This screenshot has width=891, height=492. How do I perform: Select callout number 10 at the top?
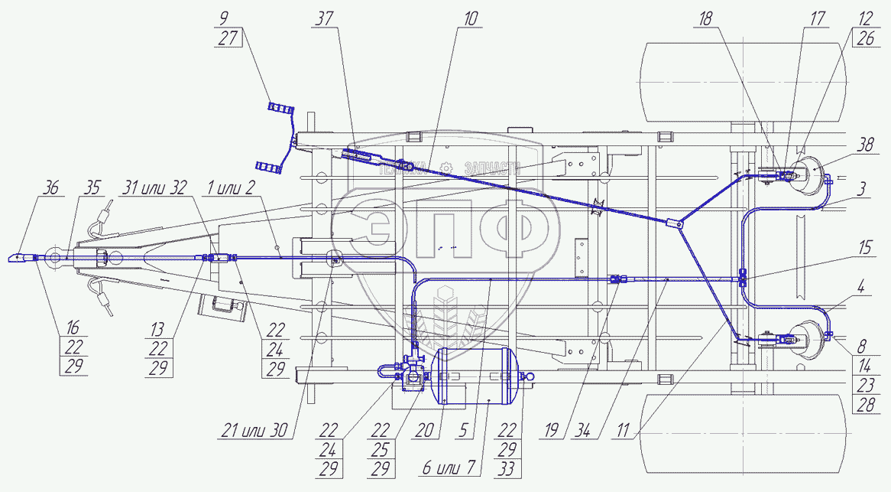click(x=471, y=19)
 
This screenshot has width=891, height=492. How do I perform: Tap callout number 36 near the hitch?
click(x=50, y=187)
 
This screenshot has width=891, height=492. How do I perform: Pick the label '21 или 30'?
click(x=254, y=431)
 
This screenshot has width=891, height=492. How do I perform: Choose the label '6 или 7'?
click(x=449, y=468)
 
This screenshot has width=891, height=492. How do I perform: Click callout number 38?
click(x=865, y=145)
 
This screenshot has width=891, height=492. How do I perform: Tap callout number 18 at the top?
click(x=705, y=19)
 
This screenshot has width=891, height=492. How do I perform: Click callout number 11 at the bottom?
click(x=623, y=431)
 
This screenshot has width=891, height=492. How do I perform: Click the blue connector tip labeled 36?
click(x=21, y=258)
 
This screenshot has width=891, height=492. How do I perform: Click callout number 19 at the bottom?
click(x=551, y=431)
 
